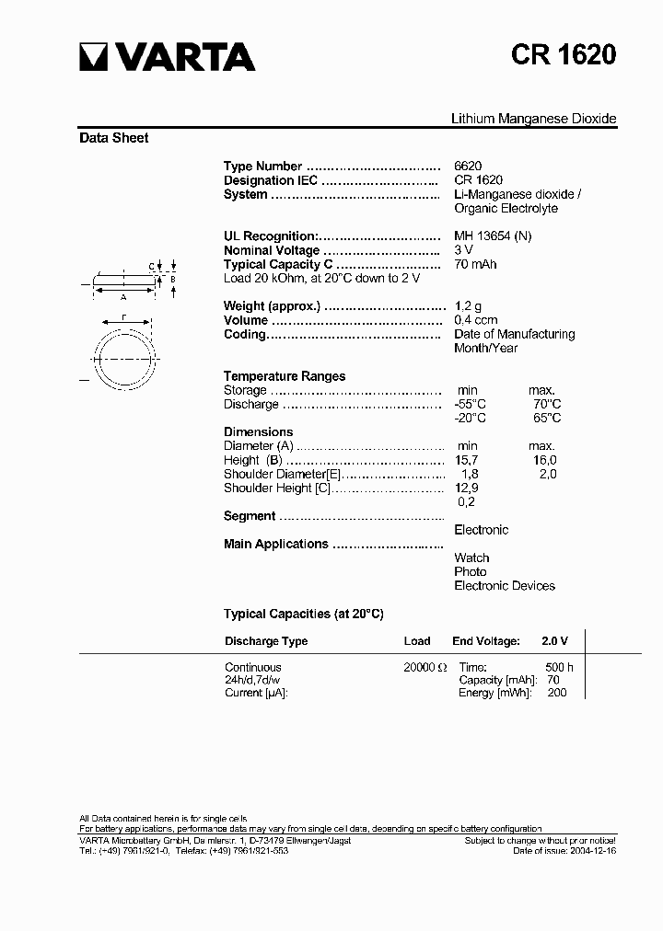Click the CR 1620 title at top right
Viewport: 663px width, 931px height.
[564, 56]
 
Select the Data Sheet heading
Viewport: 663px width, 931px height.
[114, 138]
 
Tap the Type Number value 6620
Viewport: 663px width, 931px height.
[468, 167]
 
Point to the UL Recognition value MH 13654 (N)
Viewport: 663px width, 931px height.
[493, 236]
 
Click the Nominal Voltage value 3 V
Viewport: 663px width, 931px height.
[463, 250]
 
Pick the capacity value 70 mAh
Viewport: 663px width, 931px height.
[475, 264]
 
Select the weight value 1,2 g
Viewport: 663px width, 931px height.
[469, 306]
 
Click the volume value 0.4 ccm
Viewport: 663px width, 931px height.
[476, 320]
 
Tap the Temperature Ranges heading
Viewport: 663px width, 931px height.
[285, 376]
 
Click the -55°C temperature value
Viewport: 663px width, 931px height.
[470, 404]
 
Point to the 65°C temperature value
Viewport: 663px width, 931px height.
[546, 418]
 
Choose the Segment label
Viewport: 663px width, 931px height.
[250, 516]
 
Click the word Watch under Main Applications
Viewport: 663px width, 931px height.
[471, 557]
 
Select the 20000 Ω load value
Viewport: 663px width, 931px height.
[425, 668]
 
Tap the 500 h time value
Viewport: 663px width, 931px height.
[559, 668]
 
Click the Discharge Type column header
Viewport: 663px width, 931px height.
[266, 641]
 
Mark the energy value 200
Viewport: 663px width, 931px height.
[557, 693]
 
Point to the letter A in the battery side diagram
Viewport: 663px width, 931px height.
[123, 296]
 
